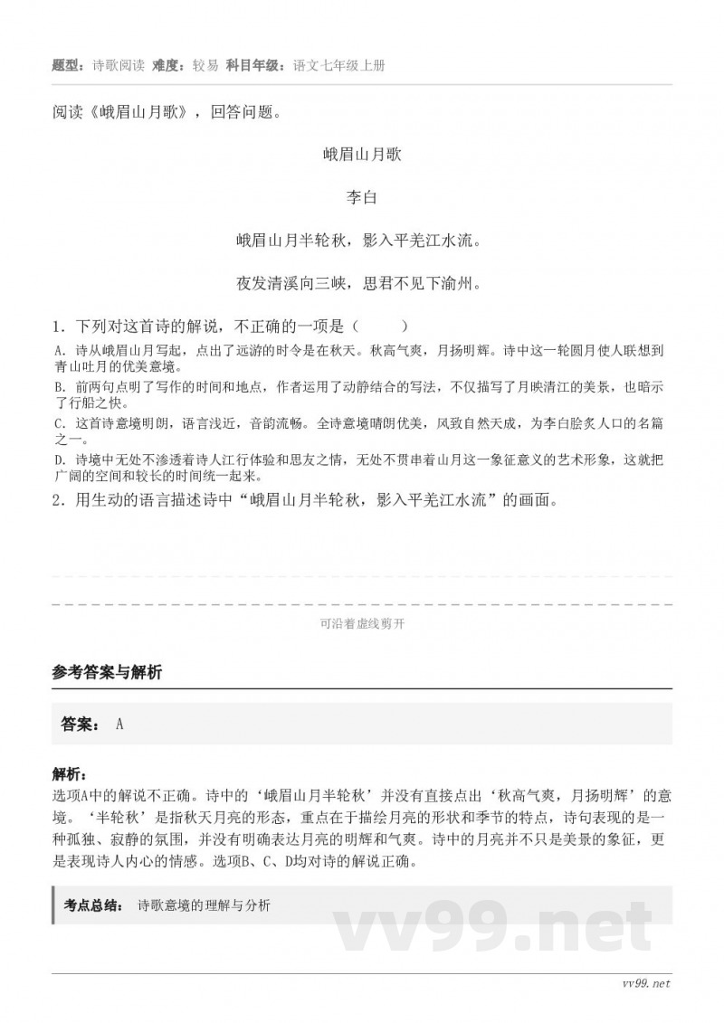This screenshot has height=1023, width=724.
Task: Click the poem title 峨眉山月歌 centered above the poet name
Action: (362, 155)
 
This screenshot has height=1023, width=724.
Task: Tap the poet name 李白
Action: (362, 197)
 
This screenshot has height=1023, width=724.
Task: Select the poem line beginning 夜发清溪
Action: (362, 283)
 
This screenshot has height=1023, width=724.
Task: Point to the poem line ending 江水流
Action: (362, 241)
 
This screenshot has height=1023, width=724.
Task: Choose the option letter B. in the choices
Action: (59, 387)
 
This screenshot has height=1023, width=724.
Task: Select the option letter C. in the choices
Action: (59, 423)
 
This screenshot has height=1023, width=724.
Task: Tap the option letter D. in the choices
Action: (59, 460)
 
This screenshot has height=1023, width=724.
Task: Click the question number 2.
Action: (57, 499)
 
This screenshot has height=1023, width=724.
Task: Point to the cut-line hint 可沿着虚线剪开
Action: (362, 623)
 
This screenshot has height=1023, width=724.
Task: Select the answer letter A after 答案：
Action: (119, 724)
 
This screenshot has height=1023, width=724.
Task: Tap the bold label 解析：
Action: (71, 774)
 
